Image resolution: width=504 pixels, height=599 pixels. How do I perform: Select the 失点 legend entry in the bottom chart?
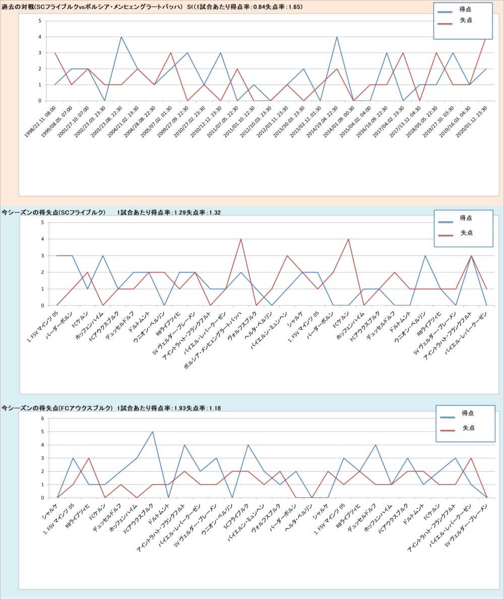tap(468, 428)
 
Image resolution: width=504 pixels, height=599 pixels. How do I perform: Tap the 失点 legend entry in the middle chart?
tap(467, 233)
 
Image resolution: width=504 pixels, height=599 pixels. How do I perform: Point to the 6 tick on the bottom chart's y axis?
tap(43, 418)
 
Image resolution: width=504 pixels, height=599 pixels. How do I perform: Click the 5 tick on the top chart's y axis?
tap(40, 21)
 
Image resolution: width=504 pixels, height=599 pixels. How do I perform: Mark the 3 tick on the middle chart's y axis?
tap(43, 255)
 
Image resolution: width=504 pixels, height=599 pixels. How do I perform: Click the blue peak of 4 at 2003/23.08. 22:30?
tap(121, 37)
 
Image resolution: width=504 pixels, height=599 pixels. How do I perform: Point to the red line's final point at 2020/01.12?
tap(486, 37)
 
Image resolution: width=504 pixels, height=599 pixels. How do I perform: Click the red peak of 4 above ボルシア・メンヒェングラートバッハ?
tap(241, 239)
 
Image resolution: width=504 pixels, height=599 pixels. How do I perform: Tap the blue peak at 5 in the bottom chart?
tap(153, 432)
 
